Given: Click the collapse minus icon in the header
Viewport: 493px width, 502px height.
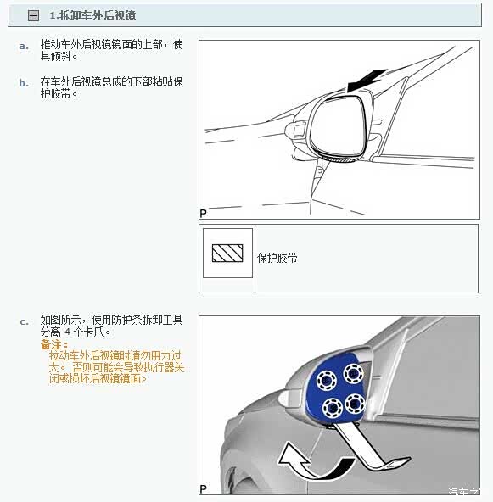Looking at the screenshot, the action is coord(34,15).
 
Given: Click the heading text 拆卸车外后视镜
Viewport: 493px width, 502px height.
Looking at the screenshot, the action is coord(98,15).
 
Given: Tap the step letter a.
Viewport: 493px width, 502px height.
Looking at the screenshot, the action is coord(24,46).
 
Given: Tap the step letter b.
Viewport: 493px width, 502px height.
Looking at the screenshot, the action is coord(24,83).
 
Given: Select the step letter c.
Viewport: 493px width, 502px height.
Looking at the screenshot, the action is coord(24,321).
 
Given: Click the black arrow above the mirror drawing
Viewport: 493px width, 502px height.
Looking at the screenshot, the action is coord(367,81).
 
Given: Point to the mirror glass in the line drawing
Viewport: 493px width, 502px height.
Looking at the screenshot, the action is coord(338,126).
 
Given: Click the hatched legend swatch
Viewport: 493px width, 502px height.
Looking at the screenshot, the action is coord(227,254).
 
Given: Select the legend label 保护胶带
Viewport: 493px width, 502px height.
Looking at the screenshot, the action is coord(277,258).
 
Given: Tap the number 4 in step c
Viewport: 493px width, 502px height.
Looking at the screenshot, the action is coord(68,332).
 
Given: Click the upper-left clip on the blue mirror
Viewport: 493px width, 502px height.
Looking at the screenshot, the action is coord(327,381).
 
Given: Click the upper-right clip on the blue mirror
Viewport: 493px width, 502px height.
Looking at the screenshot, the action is coord(353,373).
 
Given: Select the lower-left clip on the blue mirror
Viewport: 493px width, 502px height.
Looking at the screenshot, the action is coord(332,408).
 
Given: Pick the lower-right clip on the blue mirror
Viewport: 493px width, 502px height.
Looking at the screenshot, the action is coord(355,404).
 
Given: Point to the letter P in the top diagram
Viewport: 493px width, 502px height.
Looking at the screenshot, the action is coord(203,213).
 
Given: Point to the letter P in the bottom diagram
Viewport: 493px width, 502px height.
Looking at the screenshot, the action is coord(203,489).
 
